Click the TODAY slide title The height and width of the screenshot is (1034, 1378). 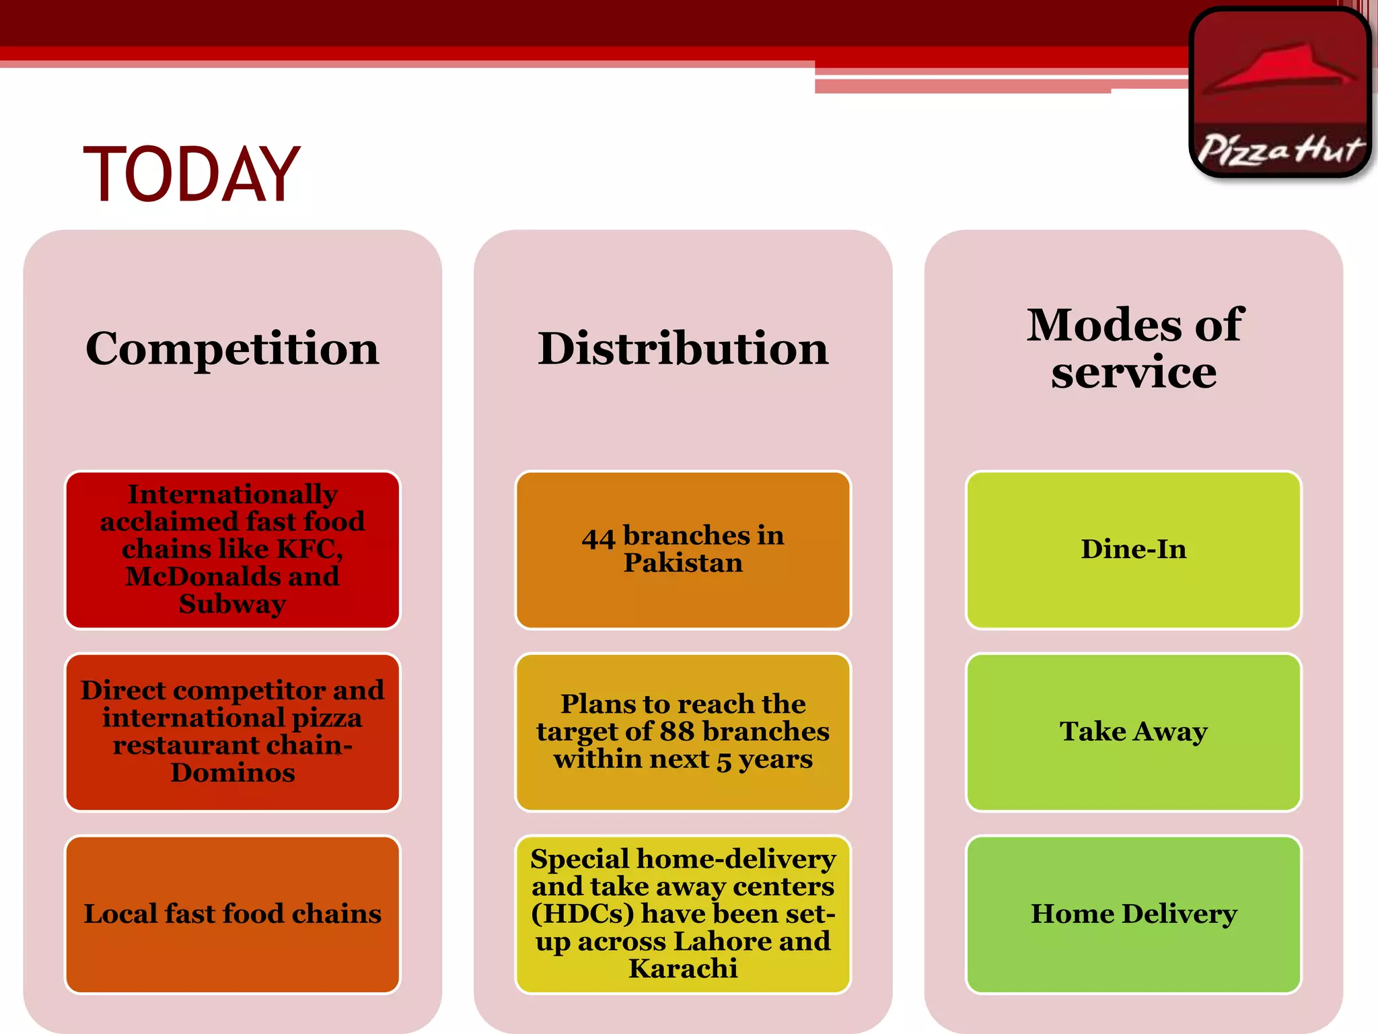click(192, 175)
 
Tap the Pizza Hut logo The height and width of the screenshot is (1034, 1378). click(1280, 93)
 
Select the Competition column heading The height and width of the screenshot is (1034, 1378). click(232, 349)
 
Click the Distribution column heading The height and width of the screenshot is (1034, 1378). click(683, 349)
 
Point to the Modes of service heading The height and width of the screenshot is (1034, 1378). click(1134, 348)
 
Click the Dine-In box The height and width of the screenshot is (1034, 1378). click(1134, 549)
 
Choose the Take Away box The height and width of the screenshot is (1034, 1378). click(1134, 732)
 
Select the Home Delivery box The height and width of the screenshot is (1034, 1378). click(1134, 914)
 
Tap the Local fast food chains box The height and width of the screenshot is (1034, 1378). click(232, 914)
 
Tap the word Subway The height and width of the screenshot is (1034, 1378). click(232, 604)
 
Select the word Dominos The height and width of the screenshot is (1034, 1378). click(232, 773)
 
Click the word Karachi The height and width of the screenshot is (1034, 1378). click(683, 969)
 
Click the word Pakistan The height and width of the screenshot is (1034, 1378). click(683, 563)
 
